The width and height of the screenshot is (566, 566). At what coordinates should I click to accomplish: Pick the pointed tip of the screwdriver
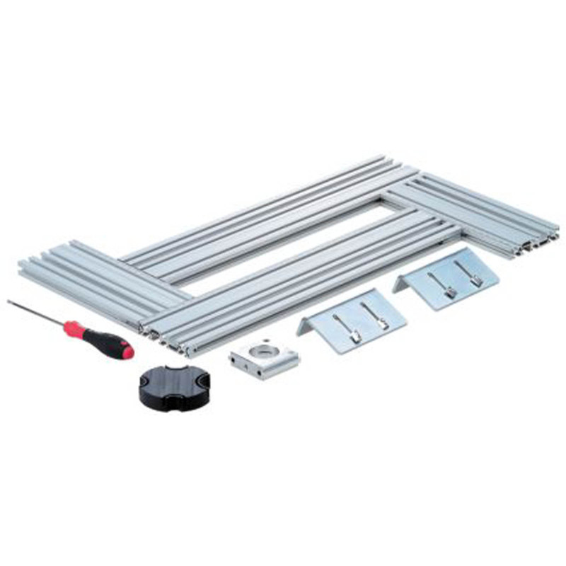[x=9, y=301]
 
